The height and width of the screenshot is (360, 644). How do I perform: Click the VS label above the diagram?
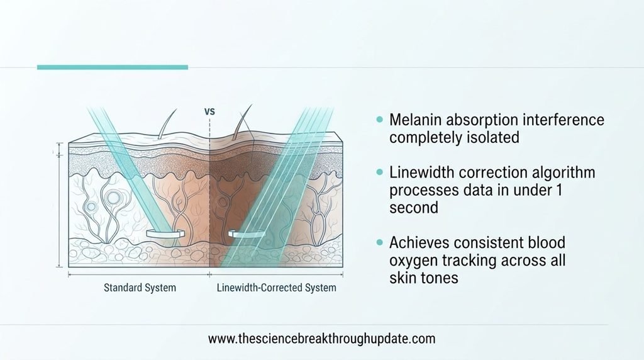click(x=209, y=111)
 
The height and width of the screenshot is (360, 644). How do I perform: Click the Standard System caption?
click(x=140, y=288)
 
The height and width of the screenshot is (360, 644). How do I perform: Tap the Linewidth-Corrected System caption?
click(x=277, y=288)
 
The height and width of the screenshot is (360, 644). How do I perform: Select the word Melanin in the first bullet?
click(x=415, y=120)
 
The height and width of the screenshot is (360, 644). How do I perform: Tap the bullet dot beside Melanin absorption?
click(x=379, y=120)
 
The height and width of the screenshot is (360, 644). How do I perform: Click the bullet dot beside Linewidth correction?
click(x=379, y=172)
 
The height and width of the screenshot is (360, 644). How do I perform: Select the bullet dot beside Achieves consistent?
click(x=379, y=242)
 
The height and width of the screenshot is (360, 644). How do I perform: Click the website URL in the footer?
click(x=321, y=339)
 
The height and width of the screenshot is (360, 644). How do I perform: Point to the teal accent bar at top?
click(x=113, y=67)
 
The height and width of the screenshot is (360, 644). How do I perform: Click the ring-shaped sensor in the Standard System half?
click(x=165, y=233)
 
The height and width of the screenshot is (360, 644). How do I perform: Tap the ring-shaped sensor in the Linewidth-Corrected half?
click(x=247, y=234)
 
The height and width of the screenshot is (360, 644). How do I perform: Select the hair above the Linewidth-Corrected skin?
click(x=241, y=121)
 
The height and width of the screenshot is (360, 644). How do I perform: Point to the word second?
click(x=414, y=208)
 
